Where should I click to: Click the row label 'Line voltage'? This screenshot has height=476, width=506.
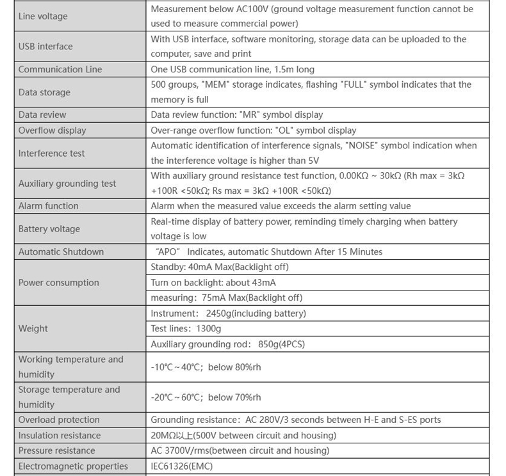click(x=43, y=16)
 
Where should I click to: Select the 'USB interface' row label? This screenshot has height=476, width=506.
click(x=45, y=46)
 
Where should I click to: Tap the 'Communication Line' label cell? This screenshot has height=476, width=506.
click(x=60, y=69)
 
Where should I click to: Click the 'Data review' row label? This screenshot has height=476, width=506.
click(x=42, y=115)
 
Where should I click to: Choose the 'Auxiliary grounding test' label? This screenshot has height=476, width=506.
click(x=67, y=183)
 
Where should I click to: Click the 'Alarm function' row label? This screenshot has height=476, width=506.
click(x=49, y=205)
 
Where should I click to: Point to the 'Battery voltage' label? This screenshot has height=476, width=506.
click(x=49, y=228)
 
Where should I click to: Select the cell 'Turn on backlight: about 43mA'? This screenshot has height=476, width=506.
click(x=213, y=282)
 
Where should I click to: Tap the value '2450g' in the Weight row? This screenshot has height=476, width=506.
click(x=222, y=313)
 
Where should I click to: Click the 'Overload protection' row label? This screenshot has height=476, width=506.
click(x=59, y=420)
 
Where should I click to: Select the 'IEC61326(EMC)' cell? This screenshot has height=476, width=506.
click(x=181, y=466)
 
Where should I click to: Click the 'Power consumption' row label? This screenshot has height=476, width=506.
click(x=59, y=282)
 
